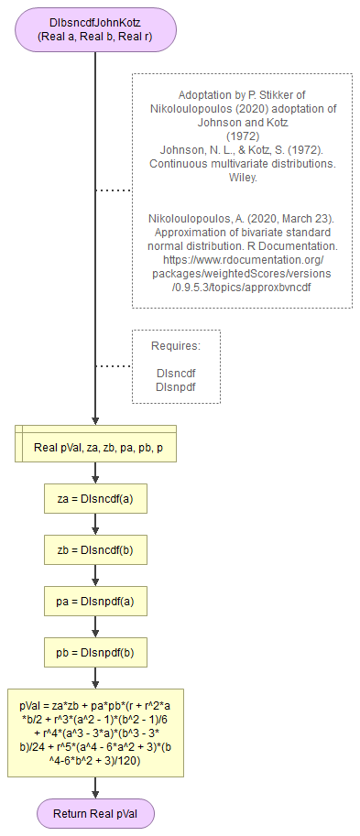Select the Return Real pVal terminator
click(95, 812)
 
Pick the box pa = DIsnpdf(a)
click(95, 602)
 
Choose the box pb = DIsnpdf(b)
click(95, 653)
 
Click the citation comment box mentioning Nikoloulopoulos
click(242, 190)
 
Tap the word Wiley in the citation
click(242, 177)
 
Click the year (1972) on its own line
click(242, 136)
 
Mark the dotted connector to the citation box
click(114, 190)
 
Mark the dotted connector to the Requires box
click(114, 366)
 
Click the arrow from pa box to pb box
click(95, 627)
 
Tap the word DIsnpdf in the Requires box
click(176, 386)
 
